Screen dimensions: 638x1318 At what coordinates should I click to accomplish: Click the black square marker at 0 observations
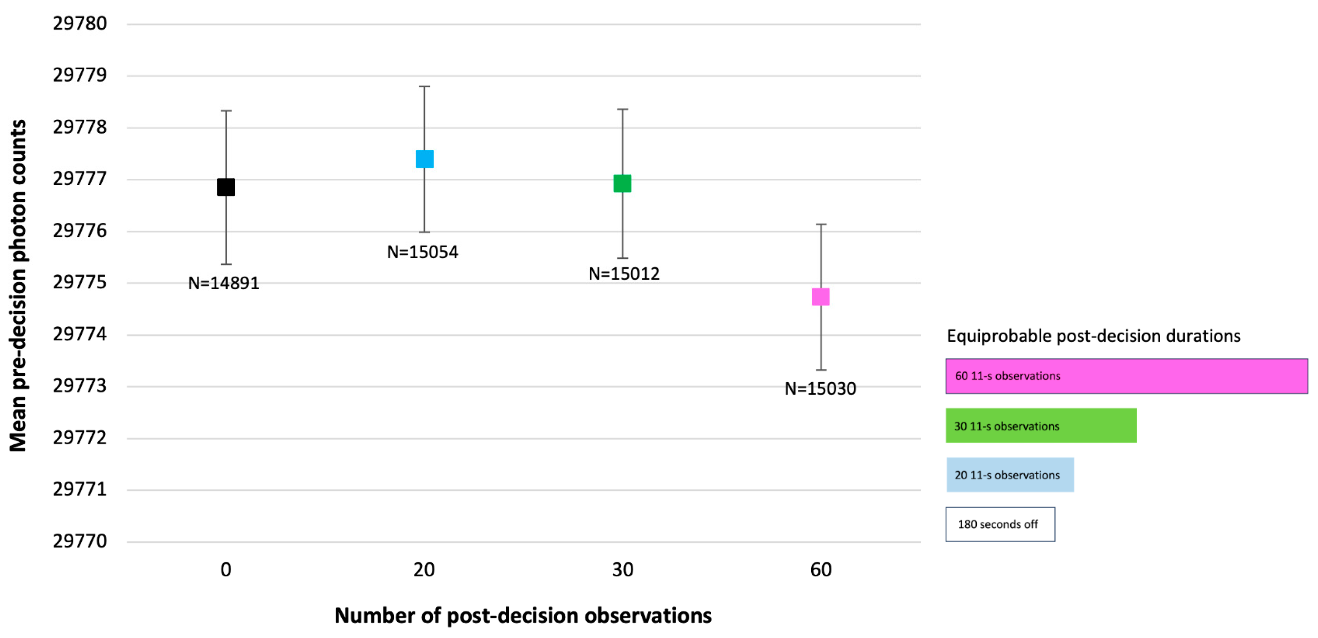(226, 187)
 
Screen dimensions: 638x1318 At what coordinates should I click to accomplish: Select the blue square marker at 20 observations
(424, 159)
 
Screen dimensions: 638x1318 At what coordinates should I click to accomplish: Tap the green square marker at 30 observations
(622, 183)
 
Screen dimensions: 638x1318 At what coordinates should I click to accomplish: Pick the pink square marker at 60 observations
(821, 297)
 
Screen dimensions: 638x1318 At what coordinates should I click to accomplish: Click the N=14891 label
(224, 283)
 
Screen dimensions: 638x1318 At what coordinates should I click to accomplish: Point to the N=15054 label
(422, 252)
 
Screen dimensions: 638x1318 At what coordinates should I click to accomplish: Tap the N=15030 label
(820, 389)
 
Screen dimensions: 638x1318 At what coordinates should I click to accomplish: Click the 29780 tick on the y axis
(80, 24)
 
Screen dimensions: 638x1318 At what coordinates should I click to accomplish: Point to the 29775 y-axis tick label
(80, 282)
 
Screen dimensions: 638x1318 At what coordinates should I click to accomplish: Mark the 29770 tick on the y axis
(80, 541)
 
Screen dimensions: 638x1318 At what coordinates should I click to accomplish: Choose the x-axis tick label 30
(623, 570)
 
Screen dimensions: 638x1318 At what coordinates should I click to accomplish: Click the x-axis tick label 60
(821, 570)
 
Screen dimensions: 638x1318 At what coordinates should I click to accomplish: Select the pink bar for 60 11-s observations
(1126, 376)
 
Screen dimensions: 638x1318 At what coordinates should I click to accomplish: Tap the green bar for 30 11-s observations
(1041, 425)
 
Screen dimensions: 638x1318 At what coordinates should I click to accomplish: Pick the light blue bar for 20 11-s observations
(1010, 475)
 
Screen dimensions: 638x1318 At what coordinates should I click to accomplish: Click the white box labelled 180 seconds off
(1000, 524)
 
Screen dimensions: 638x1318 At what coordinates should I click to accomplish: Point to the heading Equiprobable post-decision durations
(1093, 336)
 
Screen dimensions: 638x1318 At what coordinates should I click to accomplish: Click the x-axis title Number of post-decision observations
(523, 615)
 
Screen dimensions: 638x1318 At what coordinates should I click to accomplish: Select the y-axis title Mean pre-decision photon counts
(18, 286)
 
